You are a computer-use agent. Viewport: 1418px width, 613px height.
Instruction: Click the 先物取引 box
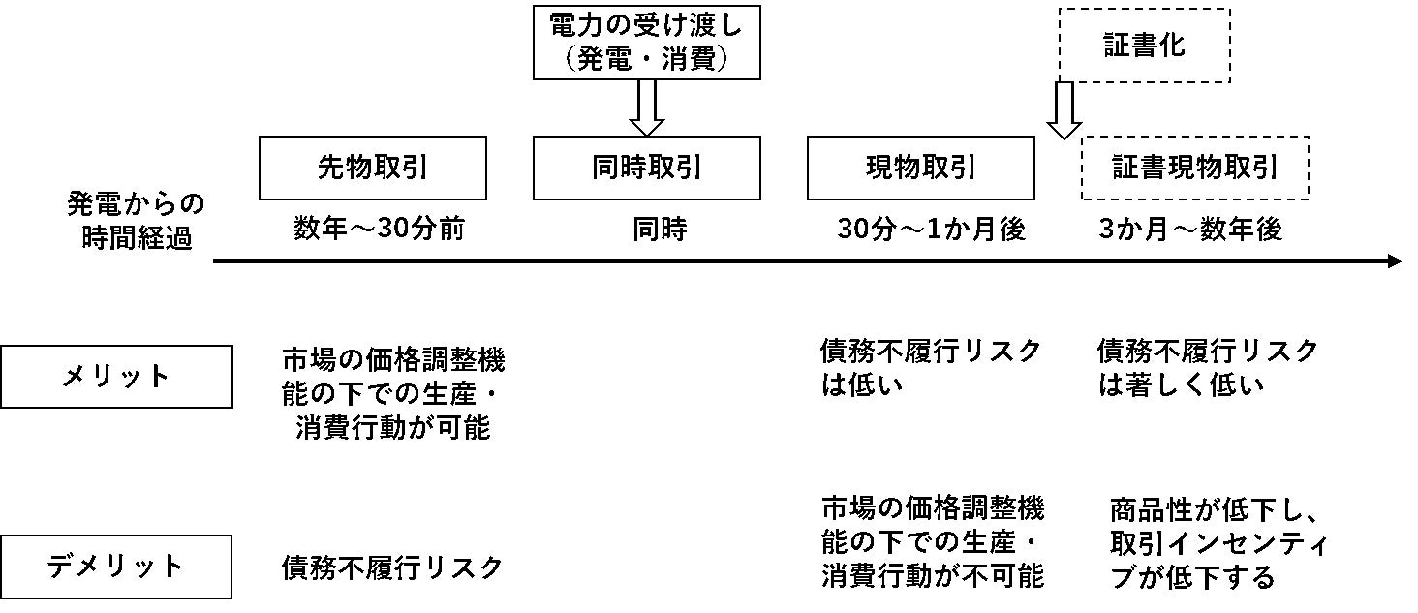pyautogui.click(x=373, y=169)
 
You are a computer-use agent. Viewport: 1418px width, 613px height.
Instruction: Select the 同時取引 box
pyautogui.click(x=646, y=169)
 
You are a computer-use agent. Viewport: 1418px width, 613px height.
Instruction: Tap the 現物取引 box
pyautogui.click(x=920, y=169)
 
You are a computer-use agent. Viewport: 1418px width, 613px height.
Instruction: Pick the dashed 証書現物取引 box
pyautogui.click(x=1194, y=169)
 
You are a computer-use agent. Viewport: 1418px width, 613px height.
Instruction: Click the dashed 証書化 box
pyautogui.click(x=1145, y=46)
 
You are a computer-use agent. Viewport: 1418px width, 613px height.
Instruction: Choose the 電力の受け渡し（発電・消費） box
pyautogui.click(x=646, y=44)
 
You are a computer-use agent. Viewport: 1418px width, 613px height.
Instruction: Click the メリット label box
pyautogui.click(x=116, y=377)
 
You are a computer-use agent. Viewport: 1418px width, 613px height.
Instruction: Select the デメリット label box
pyautogui.click(x=116, y=567)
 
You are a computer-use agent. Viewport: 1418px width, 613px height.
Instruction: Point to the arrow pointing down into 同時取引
pyautogui.click(x=646, y=108)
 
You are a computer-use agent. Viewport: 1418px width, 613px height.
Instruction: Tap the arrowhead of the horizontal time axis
pyautogui.click(x=1394, y=261)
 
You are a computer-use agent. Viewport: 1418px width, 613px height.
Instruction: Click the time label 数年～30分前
pyautogui.click(x=379, y=230)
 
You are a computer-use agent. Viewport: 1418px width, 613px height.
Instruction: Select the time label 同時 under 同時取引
pyautogui.click(x=660, y=230)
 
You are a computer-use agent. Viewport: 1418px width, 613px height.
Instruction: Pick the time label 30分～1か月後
pyautogui.click(x=931, y=230)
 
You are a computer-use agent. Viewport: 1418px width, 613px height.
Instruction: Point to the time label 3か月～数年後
pyautogui.click(x=1189, y=230)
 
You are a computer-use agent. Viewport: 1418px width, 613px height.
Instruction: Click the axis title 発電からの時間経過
pyautogui.click(x=136, y=221)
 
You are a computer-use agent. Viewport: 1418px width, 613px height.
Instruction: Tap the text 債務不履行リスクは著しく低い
pyautogui.click(x=1207, y=368)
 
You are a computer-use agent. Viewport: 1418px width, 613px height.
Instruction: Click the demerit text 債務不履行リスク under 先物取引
pyautogui.click(x=392, y=567)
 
